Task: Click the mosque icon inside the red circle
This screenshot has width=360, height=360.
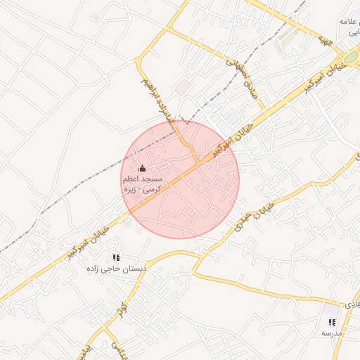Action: coord(143,169)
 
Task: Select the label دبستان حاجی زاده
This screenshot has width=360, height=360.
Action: coord(115,269)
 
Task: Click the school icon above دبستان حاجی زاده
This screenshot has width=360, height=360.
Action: coord(116,258)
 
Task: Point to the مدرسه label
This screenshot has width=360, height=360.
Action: coord(332,333)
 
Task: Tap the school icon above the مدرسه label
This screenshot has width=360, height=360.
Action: coord(332,322)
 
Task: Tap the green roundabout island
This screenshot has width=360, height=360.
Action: coord(350,56)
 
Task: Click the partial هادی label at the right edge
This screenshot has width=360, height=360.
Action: coord(352,302)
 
